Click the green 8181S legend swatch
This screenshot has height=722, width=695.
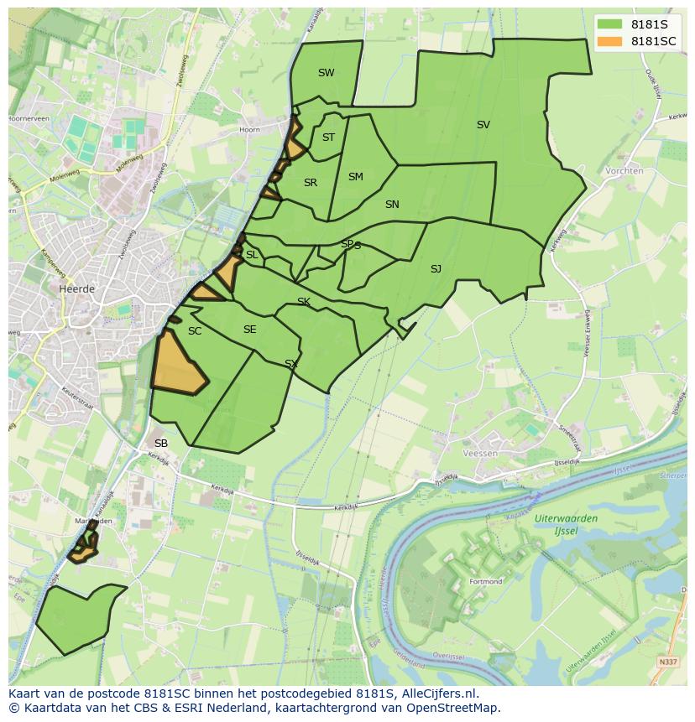(611, 24)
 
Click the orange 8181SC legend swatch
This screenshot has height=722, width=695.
(611, 41)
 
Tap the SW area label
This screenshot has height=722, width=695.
(326, 73)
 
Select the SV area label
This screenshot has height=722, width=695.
(483, 125)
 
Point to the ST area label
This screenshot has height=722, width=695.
(328, 138)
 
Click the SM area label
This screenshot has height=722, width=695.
(355, 177)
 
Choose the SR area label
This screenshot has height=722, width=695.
(311, 183)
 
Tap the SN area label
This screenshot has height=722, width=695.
(392, 205)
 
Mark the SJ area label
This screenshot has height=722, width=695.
(436, 269)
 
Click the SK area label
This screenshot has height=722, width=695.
(304, 302)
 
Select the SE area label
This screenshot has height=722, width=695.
(249, 330)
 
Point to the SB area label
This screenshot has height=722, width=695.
(161, 444)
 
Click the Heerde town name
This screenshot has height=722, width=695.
(77, 288)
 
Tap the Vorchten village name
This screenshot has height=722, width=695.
(624, 171)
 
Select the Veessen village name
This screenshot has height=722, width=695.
(480, 453)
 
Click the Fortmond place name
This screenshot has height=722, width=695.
(486, 581)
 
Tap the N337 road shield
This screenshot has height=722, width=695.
(668, 662)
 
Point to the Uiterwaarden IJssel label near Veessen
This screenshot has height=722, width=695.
(567, 524)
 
